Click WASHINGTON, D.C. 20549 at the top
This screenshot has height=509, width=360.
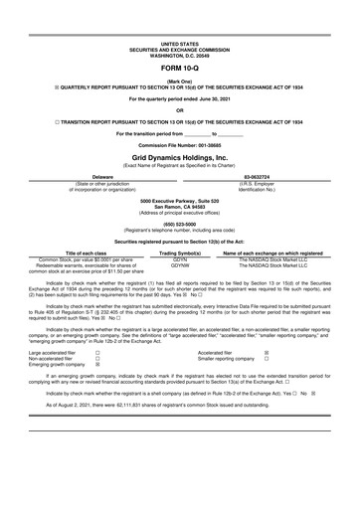click(179, 26)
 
